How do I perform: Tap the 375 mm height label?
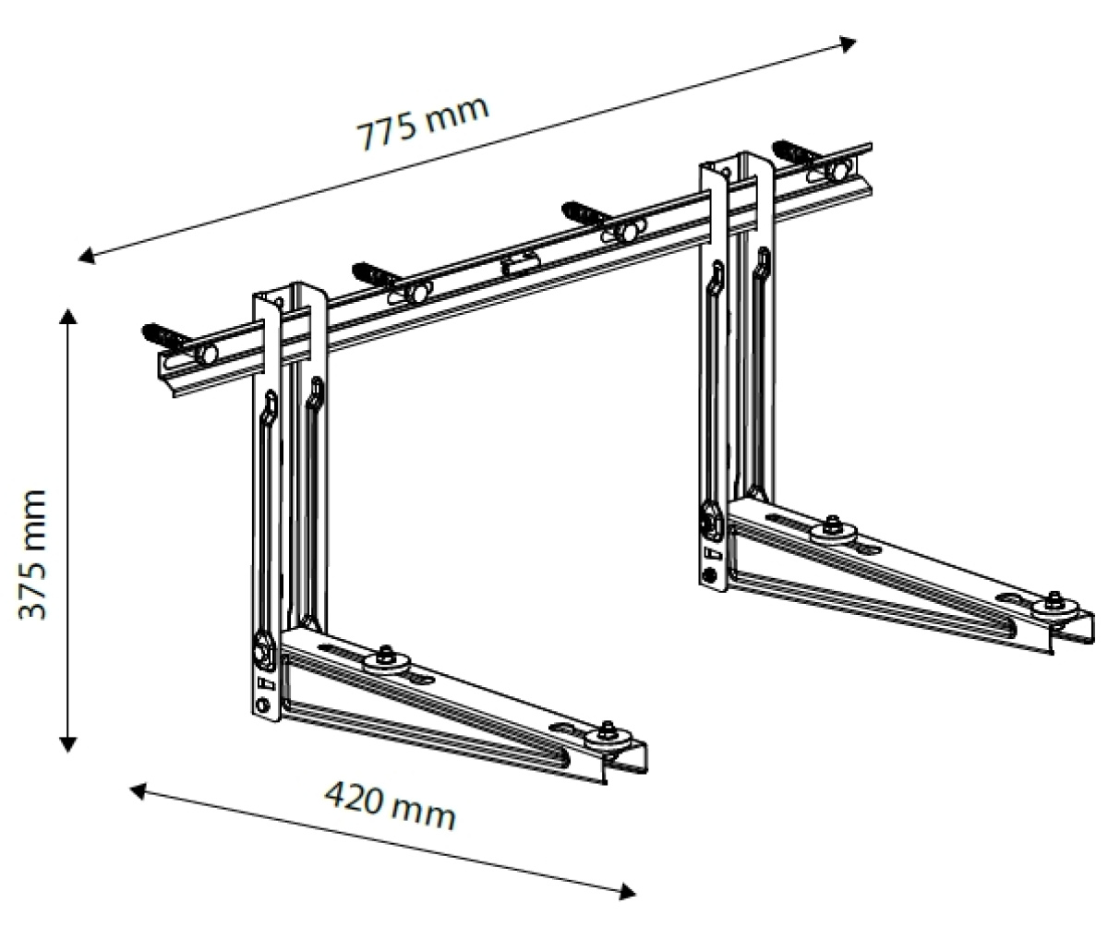[x=34, y=554]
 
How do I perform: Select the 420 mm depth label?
[x=390, y=806]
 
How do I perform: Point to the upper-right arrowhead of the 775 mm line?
[x=848, y=42]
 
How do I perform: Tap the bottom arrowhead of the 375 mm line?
[x=67, y=743]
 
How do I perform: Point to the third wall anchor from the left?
[x=585, y=211]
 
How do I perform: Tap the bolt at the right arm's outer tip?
[x=1054, y=603]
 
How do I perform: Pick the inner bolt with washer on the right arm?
[x=831, y=527]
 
